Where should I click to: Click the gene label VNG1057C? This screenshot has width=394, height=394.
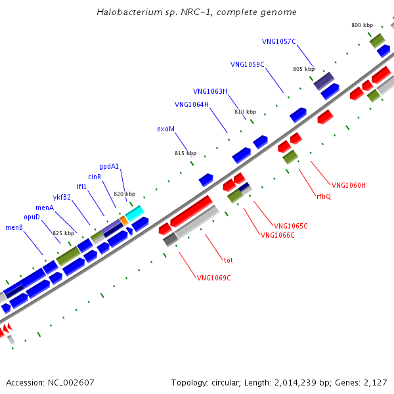pos(279,41)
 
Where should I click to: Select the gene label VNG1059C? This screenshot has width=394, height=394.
pos(248,64)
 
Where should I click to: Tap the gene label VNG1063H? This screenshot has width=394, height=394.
pos(210,91)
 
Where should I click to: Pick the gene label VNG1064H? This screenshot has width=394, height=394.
pos(192,104)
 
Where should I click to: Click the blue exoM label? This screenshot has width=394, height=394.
pos(166,129)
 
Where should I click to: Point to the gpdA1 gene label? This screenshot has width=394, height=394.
pos(109,166)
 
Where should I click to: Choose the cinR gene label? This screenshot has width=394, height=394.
pos(95,177)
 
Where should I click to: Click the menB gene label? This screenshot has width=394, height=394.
pos(14,227)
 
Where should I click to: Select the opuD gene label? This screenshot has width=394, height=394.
pos(32,217)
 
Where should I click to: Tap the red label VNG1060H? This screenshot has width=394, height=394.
pos(348,185)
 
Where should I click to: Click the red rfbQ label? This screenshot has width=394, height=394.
pos(324,196)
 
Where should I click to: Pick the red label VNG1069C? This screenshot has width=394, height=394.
pos(214,278)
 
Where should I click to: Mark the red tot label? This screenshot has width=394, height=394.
pos(229,260)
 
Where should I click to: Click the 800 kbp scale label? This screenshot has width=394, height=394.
pos(362,25)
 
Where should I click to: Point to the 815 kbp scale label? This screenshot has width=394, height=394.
pos(185,153)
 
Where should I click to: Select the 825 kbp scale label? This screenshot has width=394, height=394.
pos(64,233)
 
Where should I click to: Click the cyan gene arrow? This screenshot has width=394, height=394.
pos(134,213)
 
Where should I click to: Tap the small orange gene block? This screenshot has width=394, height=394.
pos(123,221)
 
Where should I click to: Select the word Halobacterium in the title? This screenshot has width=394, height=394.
pos(126,12)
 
